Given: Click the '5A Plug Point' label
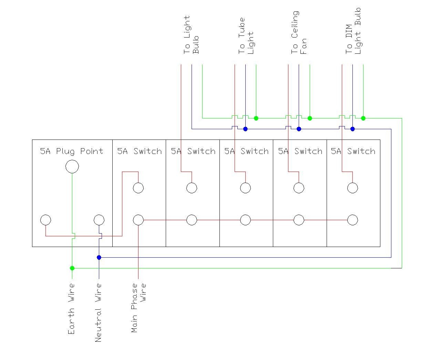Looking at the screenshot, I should (x=72, y=151).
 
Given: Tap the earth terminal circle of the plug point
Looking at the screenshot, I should (x=72, y=167).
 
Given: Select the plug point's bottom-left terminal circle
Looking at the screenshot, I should (x=45, y=220).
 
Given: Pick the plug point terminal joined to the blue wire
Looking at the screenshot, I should (x=99, y=220).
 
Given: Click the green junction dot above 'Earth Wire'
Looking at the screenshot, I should (x=72, y=268).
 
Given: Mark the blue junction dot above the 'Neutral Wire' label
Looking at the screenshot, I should (x=99, y=257).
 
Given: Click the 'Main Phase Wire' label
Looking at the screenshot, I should (x=139, y=308).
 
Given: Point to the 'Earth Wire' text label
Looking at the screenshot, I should (x=71, y=309).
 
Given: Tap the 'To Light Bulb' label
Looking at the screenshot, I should (x=191, y=35).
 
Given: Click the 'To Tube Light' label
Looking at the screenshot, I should (x=246, y=36).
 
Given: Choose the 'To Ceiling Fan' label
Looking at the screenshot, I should (x=299, y=33).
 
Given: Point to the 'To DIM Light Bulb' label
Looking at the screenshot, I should (x=353, y=31).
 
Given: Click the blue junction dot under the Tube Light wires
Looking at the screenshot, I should (x=245, y=129).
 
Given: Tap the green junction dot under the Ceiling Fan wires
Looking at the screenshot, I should (x=310, y=118).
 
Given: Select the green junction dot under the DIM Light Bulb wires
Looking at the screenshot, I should (x=363, y=118).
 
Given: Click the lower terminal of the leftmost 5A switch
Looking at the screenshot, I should (x=138, y=220).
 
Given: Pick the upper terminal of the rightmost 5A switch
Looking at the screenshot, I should (x=352, y=188).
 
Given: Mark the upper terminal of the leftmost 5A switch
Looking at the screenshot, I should (x=138, y=188).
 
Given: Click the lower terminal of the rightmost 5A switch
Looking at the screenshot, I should (x=352, y=220).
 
